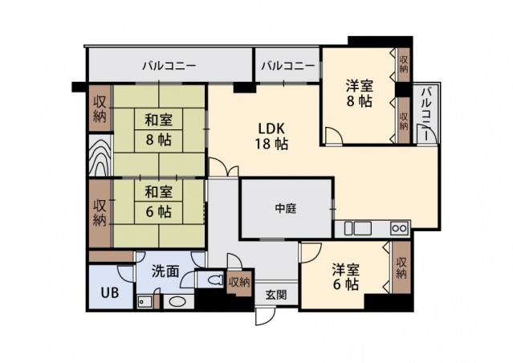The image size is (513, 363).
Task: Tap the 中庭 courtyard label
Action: (286, 209)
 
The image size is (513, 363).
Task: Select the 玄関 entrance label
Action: (275, 295)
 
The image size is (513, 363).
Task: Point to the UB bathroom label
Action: (108, 292)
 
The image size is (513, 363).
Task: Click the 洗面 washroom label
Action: (165, 271)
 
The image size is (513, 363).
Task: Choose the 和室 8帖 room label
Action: (158, 130)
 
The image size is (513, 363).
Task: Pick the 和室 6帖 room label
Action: (158, 202)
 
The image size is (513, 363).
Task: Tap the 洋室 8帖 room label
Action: (359, 93)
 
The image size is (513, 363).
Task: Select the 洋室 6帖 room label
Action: (346, 275)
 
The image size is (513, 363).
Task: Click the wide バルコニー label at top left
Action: (169, 65)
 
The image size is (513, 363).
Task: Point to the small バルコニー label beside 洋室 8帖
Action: (287, 65)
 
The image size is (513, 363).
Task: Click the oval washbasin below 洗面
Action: (177, 303)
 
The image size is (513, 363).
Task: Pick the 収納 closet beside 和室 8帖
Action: (100, 108)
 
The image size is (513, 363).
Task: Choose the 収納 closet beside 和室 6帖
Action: (100, 211)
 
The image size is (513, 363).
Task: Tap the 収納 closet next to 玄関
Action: (239, 283)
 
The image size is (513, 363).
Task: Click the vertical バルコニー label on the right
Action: (426, 114)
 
